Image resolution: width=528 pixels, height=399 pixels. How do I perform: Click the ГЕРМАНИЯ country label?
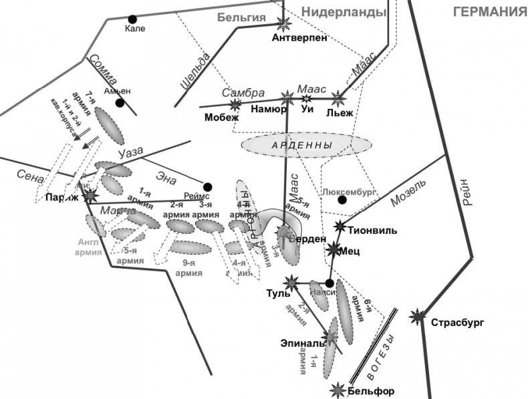485,13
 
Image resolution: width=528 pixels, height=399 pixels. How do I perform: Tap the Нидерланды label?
344,12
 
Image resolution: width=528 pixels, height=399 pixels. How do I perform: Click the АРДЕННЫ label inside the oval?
305,144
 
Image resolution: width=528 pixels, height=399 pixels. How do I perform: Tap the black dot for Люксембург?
342,199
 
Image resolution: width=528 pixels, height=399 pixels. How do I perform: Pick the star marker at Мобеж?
235,105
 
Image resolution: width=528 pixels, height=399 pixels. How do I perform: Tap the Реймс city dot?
208,186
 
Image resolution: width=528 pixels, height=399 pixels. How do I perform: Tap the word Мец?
353,252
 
